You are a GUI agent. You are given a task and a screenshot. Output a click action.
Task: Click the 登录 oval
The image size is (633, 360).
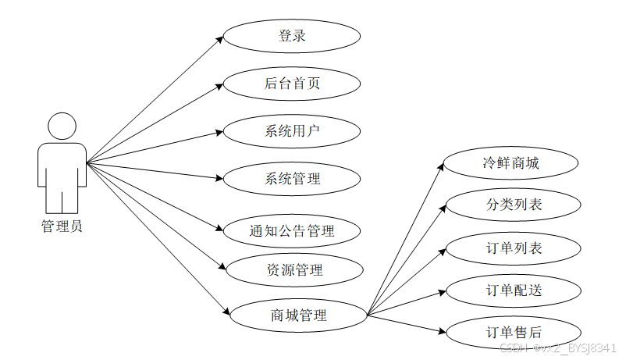point(292,36)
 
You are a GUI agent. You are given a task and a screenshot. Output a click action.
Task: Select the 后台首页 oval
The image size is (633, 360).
point(292,84)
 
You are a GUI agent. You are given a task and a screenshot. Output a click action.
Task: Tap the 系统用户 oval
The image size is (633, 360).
point(292,131)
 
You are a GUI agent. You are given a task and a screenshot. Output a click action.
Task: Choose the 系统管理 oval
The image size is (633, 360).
point(292,179)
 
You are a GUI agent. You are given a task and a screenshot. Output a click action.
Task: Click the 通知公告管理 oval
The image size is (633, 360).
point(292,231)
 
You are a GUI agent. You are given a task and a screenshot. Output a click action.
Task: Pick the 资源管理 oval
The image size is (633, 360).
point(294,270)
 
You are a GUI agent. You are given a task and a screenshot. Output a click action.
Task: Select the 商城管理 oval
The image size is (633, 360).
point(298,315)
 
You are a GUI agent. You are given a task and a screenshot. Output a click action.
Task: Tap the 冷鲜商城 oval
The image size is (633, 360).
point(511,164)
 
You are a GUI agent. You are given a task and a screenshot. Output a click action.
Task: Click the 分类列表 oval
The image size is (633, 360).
point(513,205)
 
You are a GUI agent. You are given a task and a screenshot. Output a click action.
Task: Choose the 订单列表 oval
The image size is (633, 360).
point(514,248)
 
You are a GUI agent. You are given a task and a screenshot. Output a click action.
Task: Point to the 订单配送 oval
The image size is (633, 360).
point(514,290)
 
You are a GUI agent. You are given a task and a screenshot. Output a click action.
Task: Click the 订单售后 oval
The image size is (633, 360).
point(514,332)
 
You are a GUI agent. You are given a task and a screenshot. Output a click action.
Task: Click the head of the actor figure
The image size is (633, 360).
point(62,127)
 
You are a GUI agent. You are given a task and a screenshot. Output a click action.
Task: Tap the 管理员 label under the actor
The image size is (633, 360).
point(62,227)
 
